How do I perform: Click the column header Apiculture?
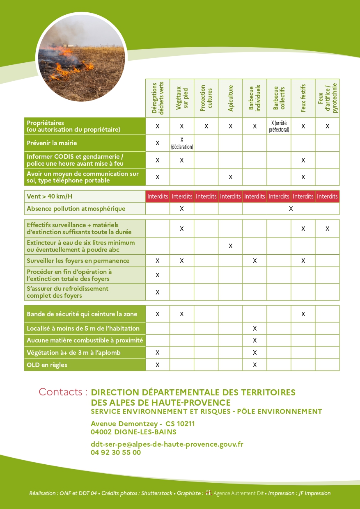pyautogui.click(x=230, y=98)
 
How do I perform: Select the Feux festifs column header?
pyautogui.click(x=303, y=98)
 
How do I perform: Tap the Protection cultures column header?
pyautogui.click(x=206, y=98)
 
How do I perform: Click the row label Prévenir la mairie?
pyautogui.click(x=52, y=143)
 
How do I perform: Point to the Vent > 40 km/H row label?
pyautogui.click(x=50, y=196)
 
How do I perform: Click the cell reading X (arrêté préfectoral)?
pyautogui.click(x=279, y=126)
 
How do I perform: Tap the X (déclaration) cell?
pyautogui.click(x=182, y=143)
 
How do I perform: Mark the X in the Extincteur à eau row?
pyautogui.click(x=230, y=246)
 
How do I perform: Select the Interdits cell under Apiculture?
pyautogui.click(x=230, y=196)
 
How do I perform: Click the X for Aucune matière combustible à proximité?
pyautogui.click(x=255, y=340)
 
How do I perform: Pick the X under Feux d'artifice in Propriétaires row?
pyautogui.click(x=327, y=126)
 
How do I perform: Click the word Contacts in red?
pyautogui.click(x=63, y=392)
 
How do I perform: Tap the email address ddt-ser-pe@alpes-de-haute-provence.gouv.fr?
pyautogui.click(x=167, y=444)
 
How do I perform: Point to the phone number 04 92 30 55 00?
pyautogui.click(x=116, y=452)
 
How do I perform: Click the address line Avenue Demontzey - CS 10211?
pyautogui.click(x=142, y=424)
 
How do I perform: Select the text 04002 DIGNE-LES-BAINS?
pyautogui.click(x=133, y=432)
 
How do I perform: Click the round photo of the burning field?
pyautogui.click(x=81, y=57)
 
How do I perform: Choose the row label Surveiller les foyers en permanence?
pyautogui.click(x=78, y=261)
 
